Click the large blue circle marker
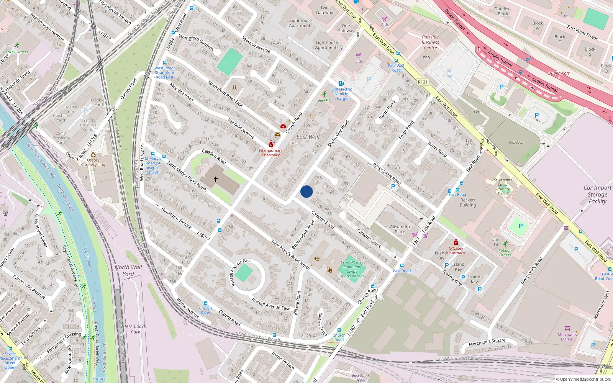click(x=306, y=191)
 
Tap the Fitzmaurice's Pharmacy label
click(x=270, y=153)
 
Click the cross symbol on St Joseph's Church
click(x=216, y=179)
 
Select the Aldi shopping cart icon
click(x=384, y=19)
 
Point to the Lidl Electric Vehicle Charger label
click(x=341, y=94)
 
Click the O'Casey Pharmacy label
click(x=456, y=250)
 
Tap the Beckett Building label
click(x=468, y=203)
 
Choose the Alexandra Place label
click(x=400, y=229)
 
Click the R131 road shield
click(x=423, y=82)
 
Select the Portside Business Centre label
click(x=430, y=43)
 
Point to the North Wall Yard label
click(x=128, y=270)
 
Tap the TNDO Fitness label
click(x=16, y=52)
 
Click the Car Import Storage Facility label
click(x=597, y=195)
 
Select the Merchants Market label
click(x=567, y=337)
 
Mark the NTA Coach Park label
click(x=135, y=329)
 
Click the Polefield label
click(x=516, y=143)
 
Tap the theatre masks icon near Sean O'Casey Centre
click(x=329, y=270)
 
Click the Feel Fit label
click(x=324, y=100)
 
